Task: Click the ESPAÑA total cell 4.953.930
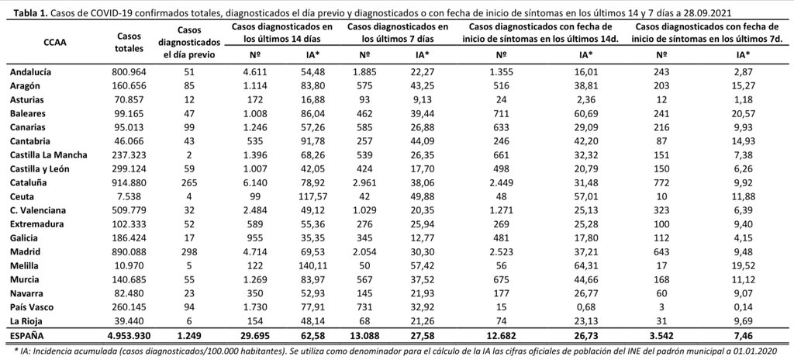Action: pos(125,336)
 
